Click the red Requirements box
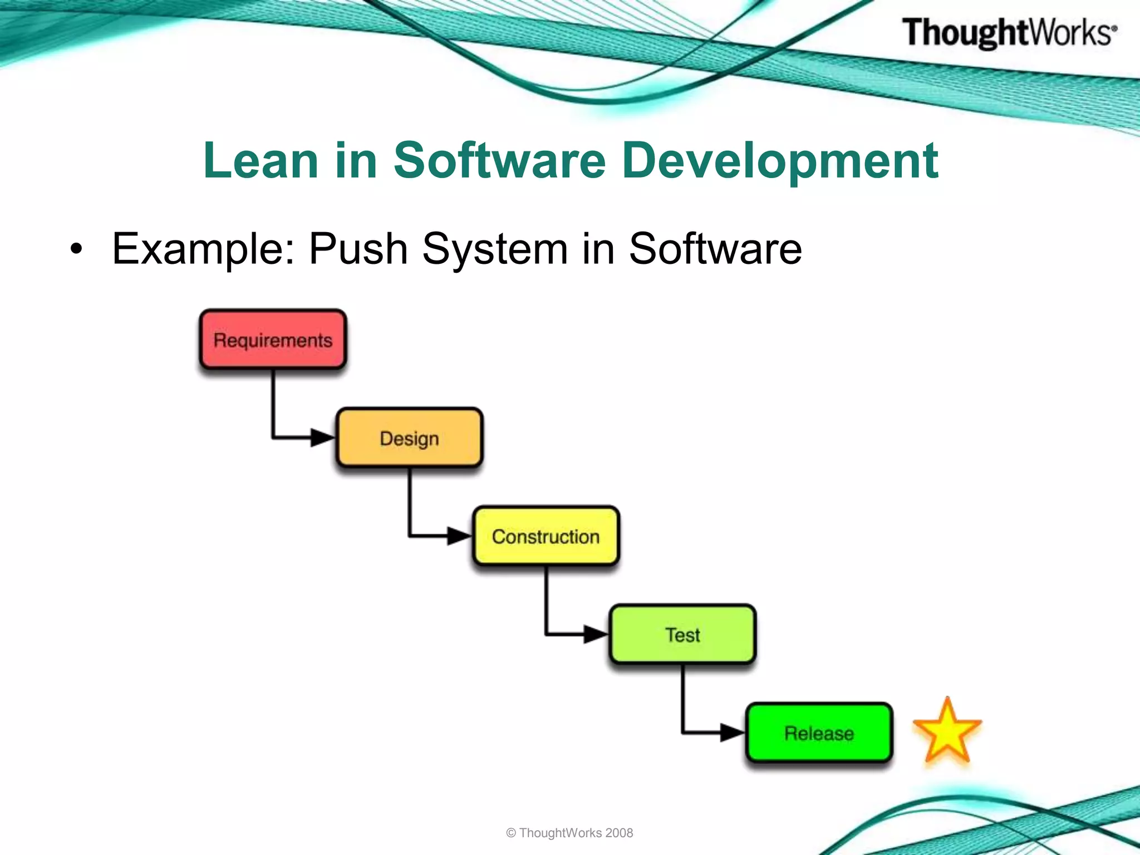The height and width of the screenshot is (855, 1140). pyautogui.click(x=273, y=340)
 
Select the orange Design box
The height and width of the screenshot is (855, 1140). pyautogui.click(x=409, y=438)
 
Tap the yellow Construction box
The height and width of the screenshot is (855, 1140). pyautogui.click(x=546, y=537)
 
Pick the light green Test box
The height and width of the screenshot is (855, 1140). pyautogui.click(x=682, y=635)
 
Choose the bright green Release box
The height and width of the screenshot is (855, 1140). pyautogui.click(x=819, y=733)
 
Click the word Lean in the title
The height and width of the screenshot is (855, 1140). pyautogui.click(x=261, y=161)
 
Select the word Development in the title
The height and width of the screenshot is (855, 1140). pyautogui.click(x=780, y=161)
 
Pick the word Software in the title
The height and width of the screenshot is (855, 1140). pyautogui.click(x=499, y=161)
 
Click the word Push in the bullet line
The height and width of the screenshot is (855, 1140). pyautogui.click(x=358, y=248)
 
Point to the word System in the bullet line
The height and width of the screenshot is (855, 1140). pyautogui.click(x=495, y=248)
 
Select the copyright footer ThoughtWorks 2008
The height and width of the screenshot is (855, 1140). pyautogui.click(x=569, y=833)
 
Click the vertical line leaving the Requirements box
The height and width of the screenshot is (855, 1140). pyautogui.click(x=273, y=404)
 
